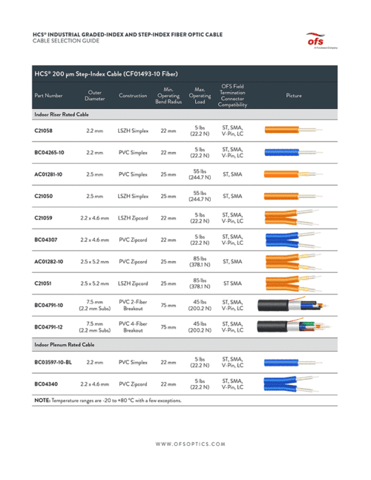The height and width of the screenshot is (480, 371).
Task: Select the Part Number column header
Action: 49,96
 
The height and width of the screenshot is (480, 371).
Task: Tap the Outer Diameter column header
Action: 95,96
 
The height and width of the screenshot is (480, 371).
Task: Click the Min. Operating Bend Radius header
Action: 168,96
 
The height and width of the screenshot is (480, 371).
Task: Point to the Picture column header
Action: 294,96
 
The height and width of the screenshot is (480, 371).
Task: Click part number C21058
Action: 43,131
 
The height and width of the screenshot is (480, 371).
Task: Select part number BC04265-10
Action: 49,152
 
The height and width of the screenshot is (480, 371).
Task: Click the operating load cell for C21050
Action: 199,196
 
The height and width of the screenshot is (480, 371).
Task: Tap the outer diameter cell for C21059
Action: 95,218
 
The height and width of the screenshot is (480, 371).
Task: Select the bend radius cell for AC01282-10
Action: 168,261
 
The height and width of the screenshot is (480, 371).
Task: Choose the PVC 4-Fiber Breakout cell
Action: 134,326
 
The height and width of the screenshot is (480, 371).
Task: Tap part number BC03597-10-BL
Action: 53,363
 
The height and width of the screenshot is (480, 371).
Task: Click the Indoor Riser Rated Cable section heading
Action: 62,115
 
